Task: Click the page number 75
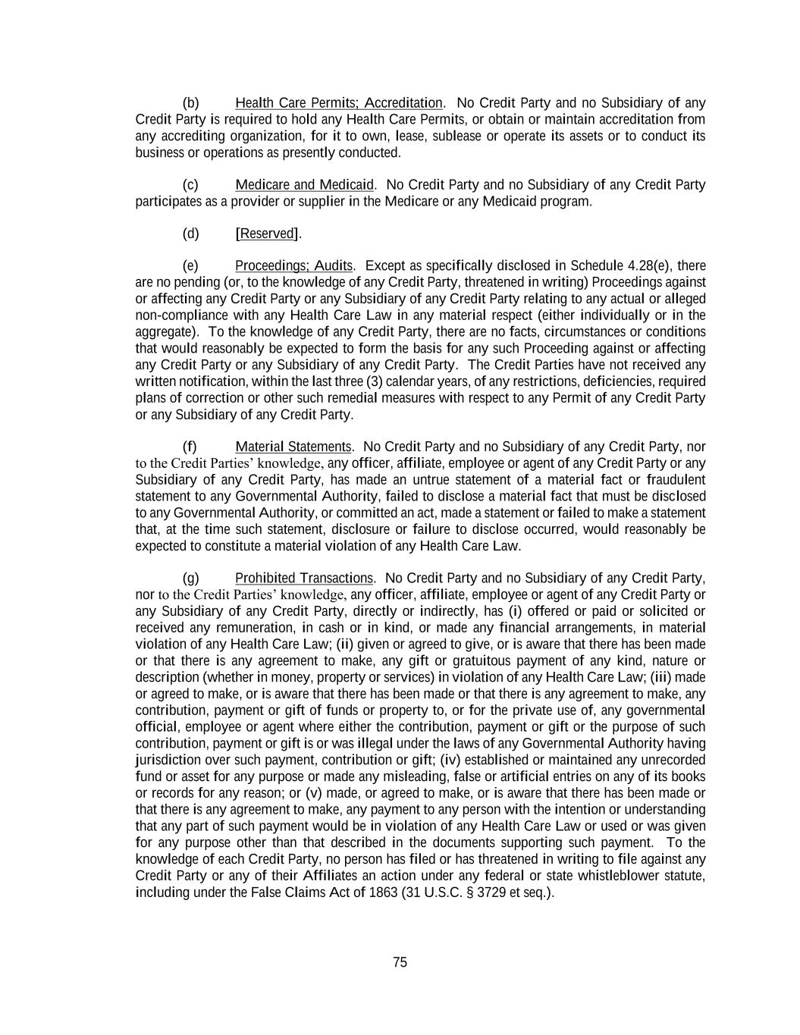point(400,962)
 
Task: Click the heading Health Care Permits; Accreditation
point(338,103)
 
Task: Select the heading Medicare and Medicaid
point(304,185)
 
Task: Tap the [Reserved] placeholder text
point(268,234)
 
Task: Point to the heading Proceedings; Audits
point(293,266)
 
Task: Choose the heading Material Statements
point(293,447)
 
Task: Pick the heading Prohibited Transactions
point(304,579)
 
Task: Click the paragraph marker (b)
point(190,103)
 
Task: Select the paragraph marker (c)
point(190,185)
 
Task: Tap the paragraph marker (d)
point(190,234)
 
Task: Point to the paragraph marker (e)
point(190,266)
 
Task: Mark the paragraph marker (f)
point(190,447)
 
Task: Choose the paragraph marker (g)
point(190,579)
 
